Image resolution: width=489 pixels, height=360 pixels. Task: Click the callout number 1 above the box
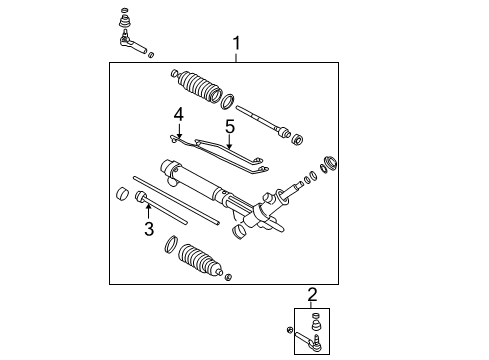click(x=236, y=43)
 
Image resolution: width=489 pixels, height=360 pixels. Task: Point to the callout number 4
click(x=179, y=115)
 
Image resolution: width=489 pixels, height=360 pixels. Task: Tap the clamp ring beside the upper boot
click(x=228, y=101)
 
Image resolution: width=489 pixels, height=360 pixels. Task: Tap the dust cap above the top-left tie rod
click(x=125, y=17)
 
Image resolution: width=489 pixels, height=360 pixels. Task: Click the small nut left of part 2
click(x=289, y=331)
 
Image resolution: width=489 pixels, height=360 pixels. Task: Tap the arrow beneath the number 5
click(x=228, y=143)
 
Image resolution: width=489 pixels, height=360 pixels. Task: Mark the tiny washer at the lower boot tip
click(x=230, y=276)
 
